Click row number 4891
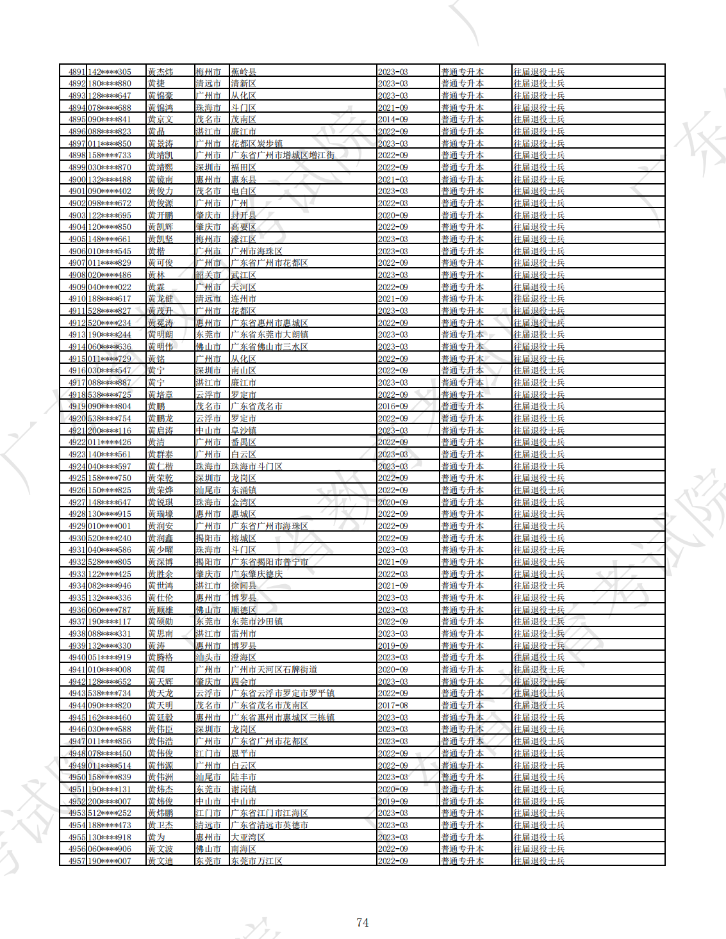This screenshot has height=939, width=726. click(x=77, y=72)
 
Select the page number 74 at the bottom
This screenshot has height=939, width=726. click(x=362, y=922)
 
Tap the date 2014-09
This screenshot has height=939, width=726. click(x=393, y=119)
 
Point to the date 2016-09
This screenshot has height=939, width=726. click(x=393, y=406)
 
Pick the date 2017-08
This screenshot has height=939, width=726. click(x=393, y=705)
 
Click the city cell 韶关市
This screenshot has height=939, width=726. click(x=208, y=275)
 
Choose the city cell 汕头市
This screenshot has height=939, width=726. click(x=208, y=657)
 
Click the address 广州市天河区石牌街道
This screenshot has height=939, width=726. click(x=274, y=669)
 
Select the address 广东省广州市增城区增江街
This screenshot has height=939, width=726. click(x=283, y=155)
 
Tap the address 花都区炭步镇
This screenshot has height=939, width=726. click(x=256, y=143)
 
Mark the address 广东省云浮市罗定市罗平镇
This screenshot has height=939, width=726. click(x=283, y=693)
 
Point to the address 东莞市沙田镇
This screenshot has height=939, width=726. click(x=256, y=621)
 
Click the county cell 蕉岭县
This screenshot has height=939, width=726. click(x=243, y=72)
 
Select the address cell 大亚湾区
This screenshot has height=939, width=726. click(x=248, y=837)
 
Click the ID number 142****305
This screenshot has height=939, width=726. click(x=110, y=72)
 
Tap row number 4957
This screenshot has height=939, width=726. click(x=77, y=861)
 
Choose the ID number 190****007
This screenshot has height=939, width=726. click(x=110, y=861)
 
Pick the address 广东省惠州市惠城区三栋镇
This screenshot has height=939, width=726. click(x=283, y=717)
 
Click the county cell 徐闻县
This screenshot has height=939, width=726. click(x=243, y=585)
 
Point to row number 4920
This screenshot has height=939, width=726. click(x=77, y=418)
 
